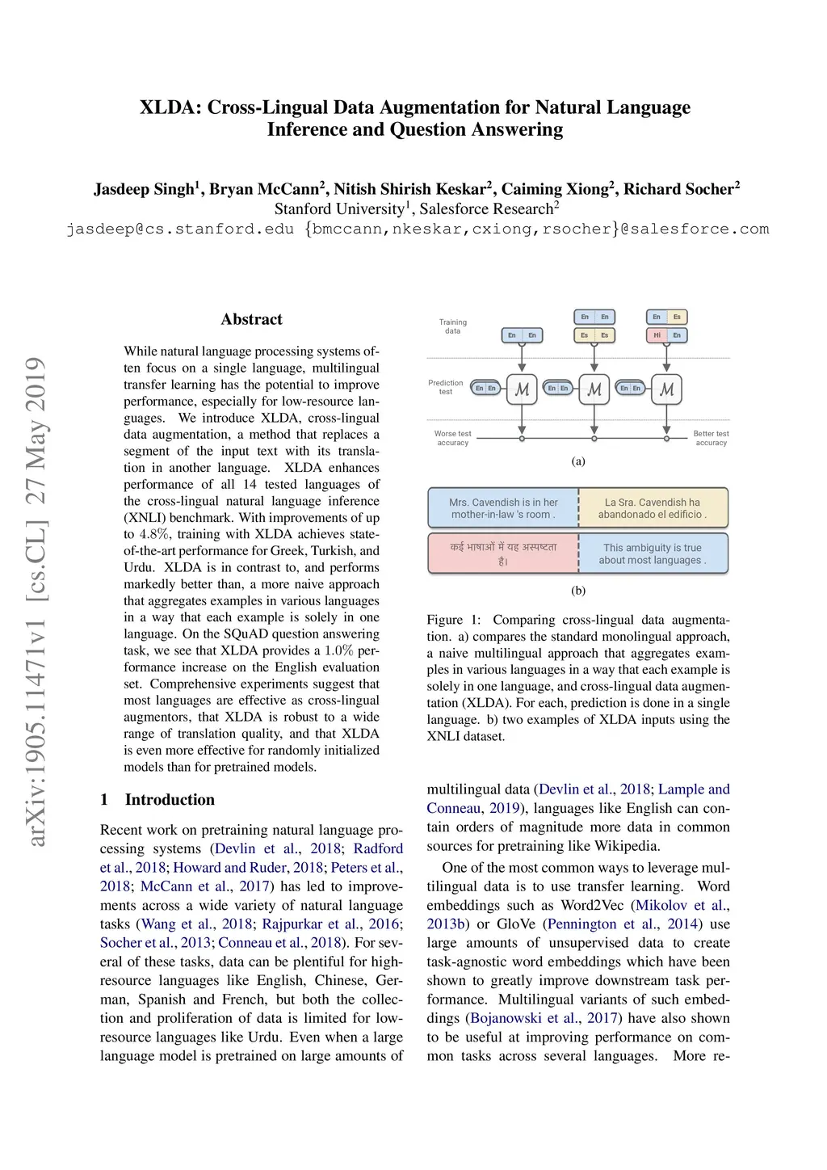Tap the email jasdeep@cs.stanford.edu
[x=180, y=229]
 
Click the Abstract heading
[x=251, y=319]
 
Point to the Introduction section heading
[x=170, y=799]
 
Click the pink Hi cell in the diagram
[x=657, y=335]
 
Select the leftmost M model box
[x=522, y=389]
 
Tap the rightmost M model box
[x=666, y=389]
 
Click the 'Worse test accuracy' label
[x=452, y=438]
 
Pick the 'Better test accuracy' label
[x=711, y=438]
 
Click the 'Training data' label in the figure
[x=452, y=326]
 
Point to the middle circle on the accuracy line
[x=594, y=439]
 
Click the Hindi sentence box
[x=503, y=553]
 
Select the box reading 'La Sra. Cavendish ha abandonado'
[x=653, y=508]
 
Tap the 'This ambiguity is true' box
[x=653, y=553]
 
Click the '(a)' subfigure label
[x=578, y=461]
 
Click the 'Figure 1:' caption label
[x=454, y=620]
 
